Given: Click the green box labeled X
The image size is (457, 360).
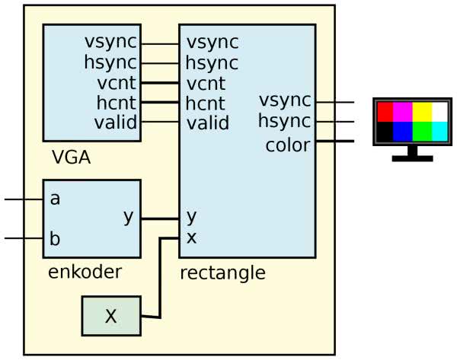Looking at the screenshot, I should [x=111, y=316].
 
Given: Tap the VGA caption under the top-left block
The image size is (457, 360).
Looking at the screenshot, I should [x=72, y=158].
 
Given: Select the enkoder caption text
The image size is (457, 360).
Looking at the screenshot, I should [x=85, y=272].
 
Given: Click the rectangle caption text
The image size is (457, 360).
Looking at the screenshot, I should [x=222, y=272].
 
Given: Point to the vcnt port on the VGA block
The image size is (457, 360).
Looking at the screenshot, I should [x=117, y=82].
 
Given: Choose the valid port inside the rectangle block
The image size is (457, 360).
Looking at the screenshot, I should [x=208, y=123].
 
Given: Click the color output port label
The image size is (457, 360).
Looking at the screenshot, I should [x=288, y=145].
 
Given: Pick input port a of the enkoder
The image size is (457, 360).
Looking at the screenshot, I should [x=55, y=199].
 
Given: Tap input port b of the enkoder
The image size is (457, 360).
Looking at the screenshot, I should [x=55, y=237].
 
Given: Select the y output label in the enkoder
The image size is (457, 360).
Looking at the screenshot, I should [x=129, y=217].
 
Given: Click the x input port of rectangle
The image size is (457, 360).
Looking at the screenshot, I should [x=192, y=237].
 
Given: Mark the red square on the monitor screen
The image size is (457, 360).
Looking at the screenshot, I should [x=385, y=112].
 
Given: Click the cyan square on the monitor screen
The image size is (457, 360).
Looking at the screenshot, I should [x=439, y=131].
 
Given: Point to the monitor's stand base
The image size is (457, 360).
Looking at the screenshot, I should [x=412, y=158].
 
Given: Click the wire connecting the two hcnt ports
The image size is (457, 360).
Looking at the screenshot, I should [x=160, y=102].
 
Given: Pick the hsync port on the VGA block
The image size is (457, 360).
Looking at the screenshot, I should [x=112, y=62].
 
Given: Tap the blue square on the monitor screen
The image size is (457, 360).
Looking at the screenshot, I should [x=404, y=131].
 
